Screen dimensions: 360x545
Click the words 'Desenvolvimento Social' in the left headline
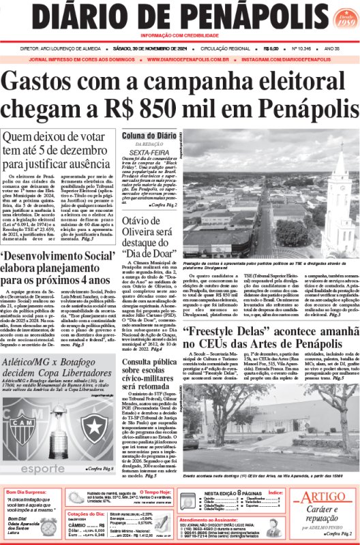[x=58, y=255]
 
